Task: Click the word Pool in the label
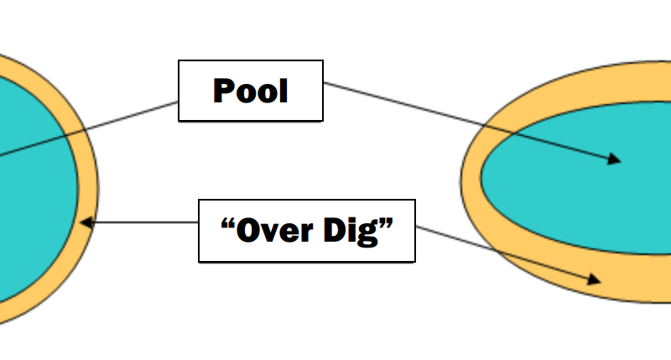click(x=251, y=91)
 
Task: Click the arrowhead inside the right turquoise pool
click(x=615, y=159)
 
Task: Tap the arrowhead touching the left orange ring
click(x=86, y=222)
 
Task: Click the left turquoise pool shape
click(x=34, y=185)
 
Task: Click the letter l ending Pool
click(x=283, y=90)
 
